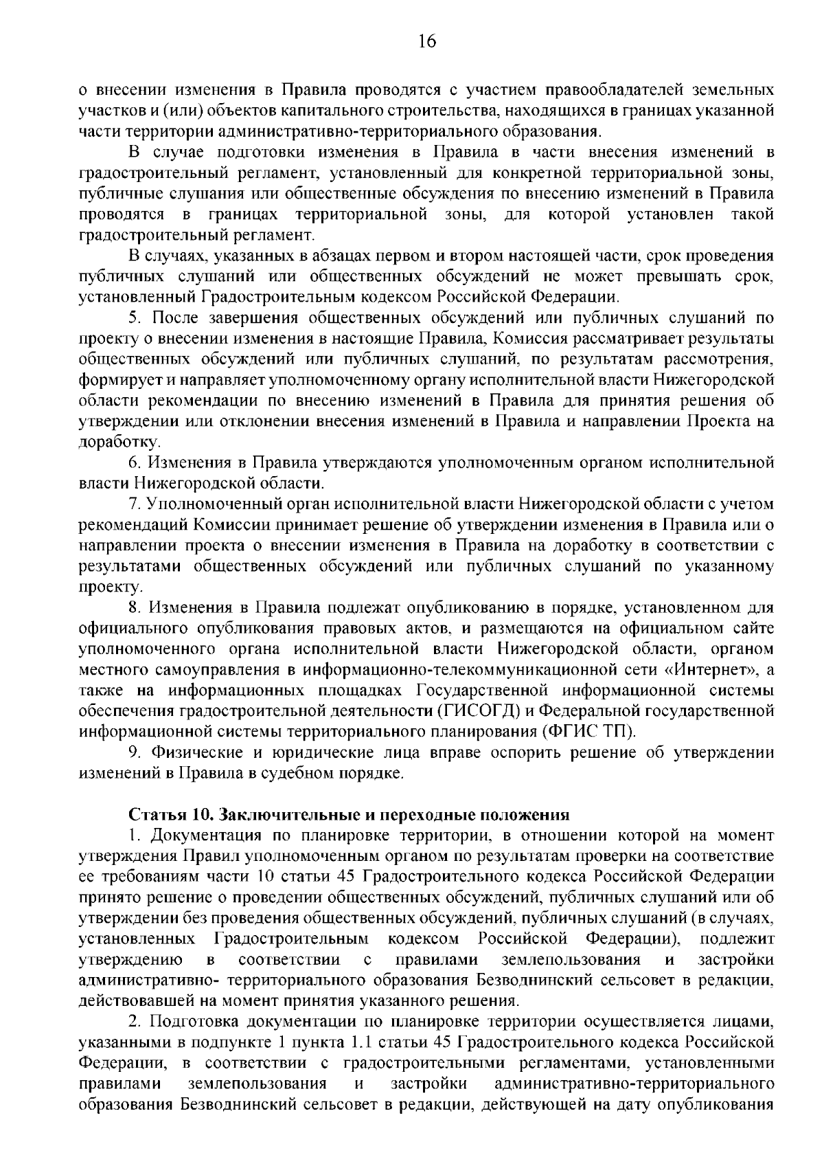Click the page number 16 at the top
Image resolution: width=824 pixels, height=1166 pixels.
[426, 42]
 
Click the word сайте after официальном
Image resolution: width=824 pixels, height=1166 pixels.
[753, 628]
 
